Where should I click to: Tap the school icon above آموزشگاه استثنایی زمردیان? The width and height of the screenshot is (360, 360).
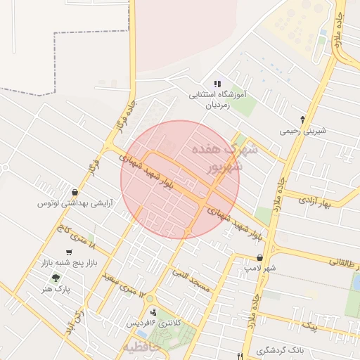(217, 84)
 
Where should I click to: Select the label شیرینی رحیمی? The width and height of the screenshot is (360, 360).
(300, 131)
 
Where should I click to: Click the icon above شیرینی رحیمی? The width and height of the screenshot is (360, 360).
(302, 119)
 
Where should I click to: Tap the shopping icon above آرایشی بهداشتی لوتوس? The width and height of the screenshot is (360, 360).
(75, 191)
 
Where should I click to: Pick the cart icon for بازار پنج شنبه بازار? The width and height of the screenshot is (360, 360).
(68, 252)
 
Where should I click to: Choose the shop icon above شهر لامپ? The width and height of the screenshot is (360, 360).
(260, 257)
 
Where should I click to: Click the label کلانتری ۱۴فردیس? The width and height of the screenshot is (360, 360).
(153, 323)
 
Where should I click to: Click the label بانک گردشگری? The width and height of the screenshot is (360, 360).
(279, 350)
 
